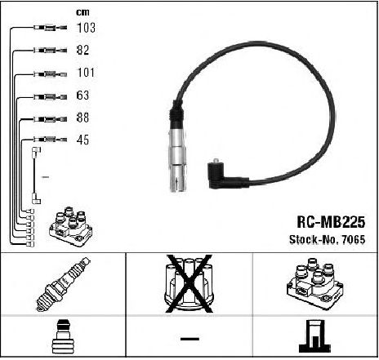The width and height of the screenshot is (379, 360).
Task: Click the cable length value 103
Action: pyautogui.click(x=86, y=28)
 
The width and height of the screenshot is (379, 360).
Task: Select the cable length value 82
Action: pyautogui.click(x=82, y=50)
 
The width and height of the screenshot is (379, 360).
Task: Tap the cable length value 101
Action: pyautogui.click(x=86, y=73)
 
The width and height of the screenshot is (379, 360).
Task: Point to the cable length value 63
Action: pyautogui.click(x=82, y=96)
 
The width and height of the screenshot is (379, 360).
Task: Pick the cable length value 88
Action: pyautogui.click(x=82, y=118)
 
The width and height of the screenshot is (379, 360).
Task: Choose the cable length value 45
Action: pyautogui.click(x=82, y=140)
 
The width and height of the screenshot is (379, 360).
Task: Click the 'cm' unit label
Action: pyautogui.click(x=82, y=12)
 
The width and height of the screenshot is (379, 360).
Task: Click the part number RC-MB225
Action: pyautogui.click(x=331, y=222)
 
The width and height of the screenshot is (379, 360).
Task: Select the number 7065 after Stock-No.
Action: pyautogui.click(x=354, y=239)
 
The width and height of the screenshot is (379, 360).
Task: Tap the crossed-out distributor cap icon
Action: pyautogui.click(x=189, y=283)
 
